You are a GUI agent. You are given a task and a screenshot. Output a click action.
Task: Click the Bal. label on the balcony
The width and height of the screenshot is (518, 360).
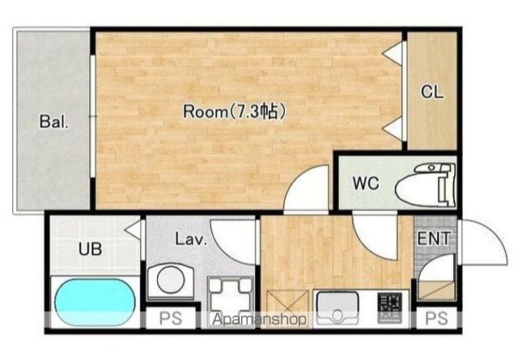click(x=54, y=121)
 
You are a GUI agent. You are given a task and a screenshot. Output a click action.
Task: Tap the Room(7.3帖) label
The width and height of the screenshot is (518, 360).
click(x=235, y=111)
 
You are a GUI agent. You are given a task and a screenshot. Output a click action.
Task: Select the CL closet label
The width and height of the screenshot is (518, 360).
click(x=432, y=91)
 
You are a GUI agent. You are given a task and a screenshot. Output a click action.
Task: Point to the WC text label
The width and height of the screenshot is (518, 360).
click(x=366, y=183)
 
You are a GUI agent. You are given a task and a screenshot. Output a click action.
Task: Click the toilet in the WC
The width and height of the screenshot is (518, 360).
click(x=427, y=185)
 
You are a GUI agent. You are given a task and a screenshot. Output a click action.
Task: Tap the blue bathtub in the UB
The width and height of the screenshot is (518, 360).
click(x=96, y=302)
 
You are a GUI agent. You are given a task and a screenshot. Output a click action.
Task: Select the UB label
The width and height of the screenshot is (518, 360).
click(x=90, y=248)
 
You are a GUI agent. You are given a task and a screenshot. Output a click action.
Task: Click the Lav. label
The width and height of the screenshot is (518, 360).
click(x=191, y=239)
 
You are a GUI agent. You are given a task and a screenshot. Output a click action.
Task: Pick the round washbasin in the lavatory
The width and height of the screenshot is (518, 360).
click(x=171, y=281)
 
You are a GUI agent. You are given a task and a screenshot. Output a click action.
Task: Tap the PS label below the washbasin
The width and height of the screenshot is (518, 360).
click(x=171, y=319)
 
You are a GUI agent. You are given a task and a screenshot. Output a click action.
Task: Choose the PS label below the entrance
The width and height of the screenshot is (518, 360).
click(x=436, y=319)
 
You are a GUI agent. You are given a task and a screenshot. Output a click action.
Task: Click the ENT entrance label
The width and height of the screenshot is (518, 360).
click(x=434, y=238)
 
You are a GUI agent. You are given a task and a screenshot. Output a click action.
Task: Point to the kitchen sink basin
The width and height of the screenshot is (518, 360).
click(x=338, y=307)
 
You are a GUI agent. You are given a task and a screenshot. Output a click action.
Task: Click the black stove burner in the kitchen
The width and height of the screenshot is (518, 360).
click(x=390, y=307)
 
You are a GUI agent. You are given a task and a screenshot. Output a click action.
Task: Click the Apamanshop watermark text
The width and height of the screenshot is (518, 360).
click(x=259, y=320)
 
